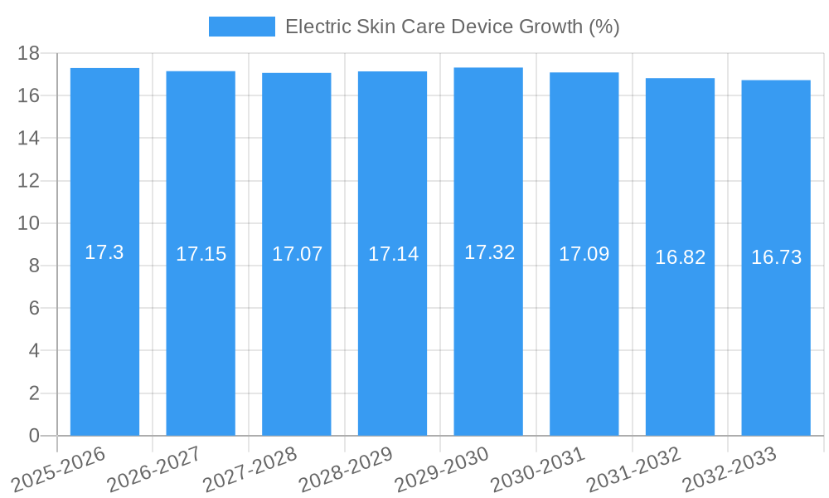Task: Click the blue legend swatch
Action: (241, 27)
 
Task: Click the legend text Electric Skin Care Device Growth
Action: (452, 27)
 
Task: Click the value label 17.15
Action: (201, 254)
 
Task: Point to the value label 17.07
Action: (297, 254)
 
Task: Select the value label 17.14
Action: (393, 254)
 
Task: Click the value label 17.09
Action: (584, 254)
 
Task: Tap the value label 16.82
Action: (680, 257)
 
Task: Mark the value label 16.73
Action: (776, 257)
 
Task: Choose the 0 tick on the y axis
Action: (34, 436)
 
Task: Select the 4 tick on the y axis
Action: (34, 351)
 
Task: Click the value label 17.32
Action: (489, 252)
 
